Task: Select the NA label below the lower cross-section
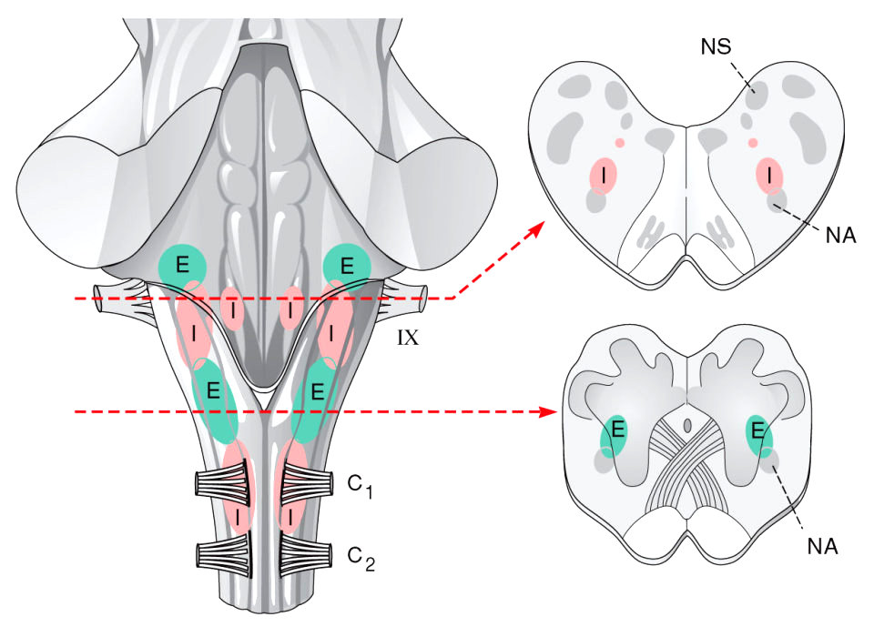coord(822,546)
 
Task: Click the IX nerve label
coord(407,339)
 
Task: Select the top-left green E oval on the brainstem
coord(182,265)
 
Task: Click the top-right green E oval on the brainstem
coord(347,265)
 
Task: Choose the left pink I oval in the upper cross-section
coord(602,174)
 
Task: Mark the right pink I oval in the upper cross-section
coord(770,174)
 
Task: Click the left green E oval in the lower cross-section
coord(615,435)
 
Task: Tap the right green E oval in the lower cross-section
coord(758,435)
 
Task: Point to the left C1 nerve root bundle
coord(220,483)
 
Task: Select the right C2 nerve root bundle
coord(303,552)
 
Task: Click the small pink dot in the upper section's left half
coord(619,142)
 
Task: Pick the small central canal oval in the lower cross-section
coord(689,425)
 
